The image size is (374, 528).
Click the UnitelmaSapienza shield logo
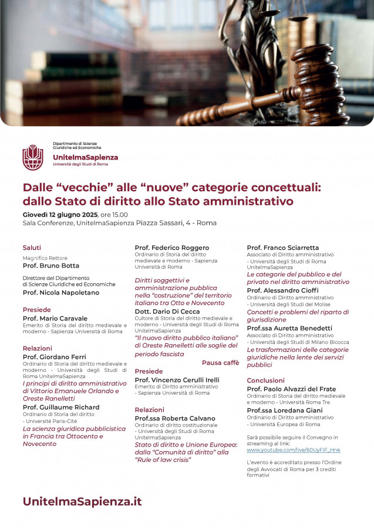coord(33,157)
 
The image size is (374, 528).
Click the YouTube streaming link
coord(293,450)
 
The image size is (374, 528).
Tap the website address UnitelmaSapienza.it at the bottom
coord(82,502)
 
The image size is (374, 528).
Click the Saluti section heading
coord(32,248)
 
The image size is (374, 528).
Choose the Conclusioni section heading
coord(265,380)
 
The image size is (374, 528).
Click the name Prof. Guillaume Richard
coord(61,407)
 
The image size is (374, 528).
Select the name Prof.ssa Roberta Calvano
coord(175,418)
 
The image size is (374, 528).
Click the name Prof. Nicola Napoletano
coord(61,292)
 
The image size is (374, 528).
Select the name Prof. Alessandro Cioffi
coord(282,290)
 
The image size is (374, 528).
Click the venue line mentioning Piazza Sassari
coord(120,223)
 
